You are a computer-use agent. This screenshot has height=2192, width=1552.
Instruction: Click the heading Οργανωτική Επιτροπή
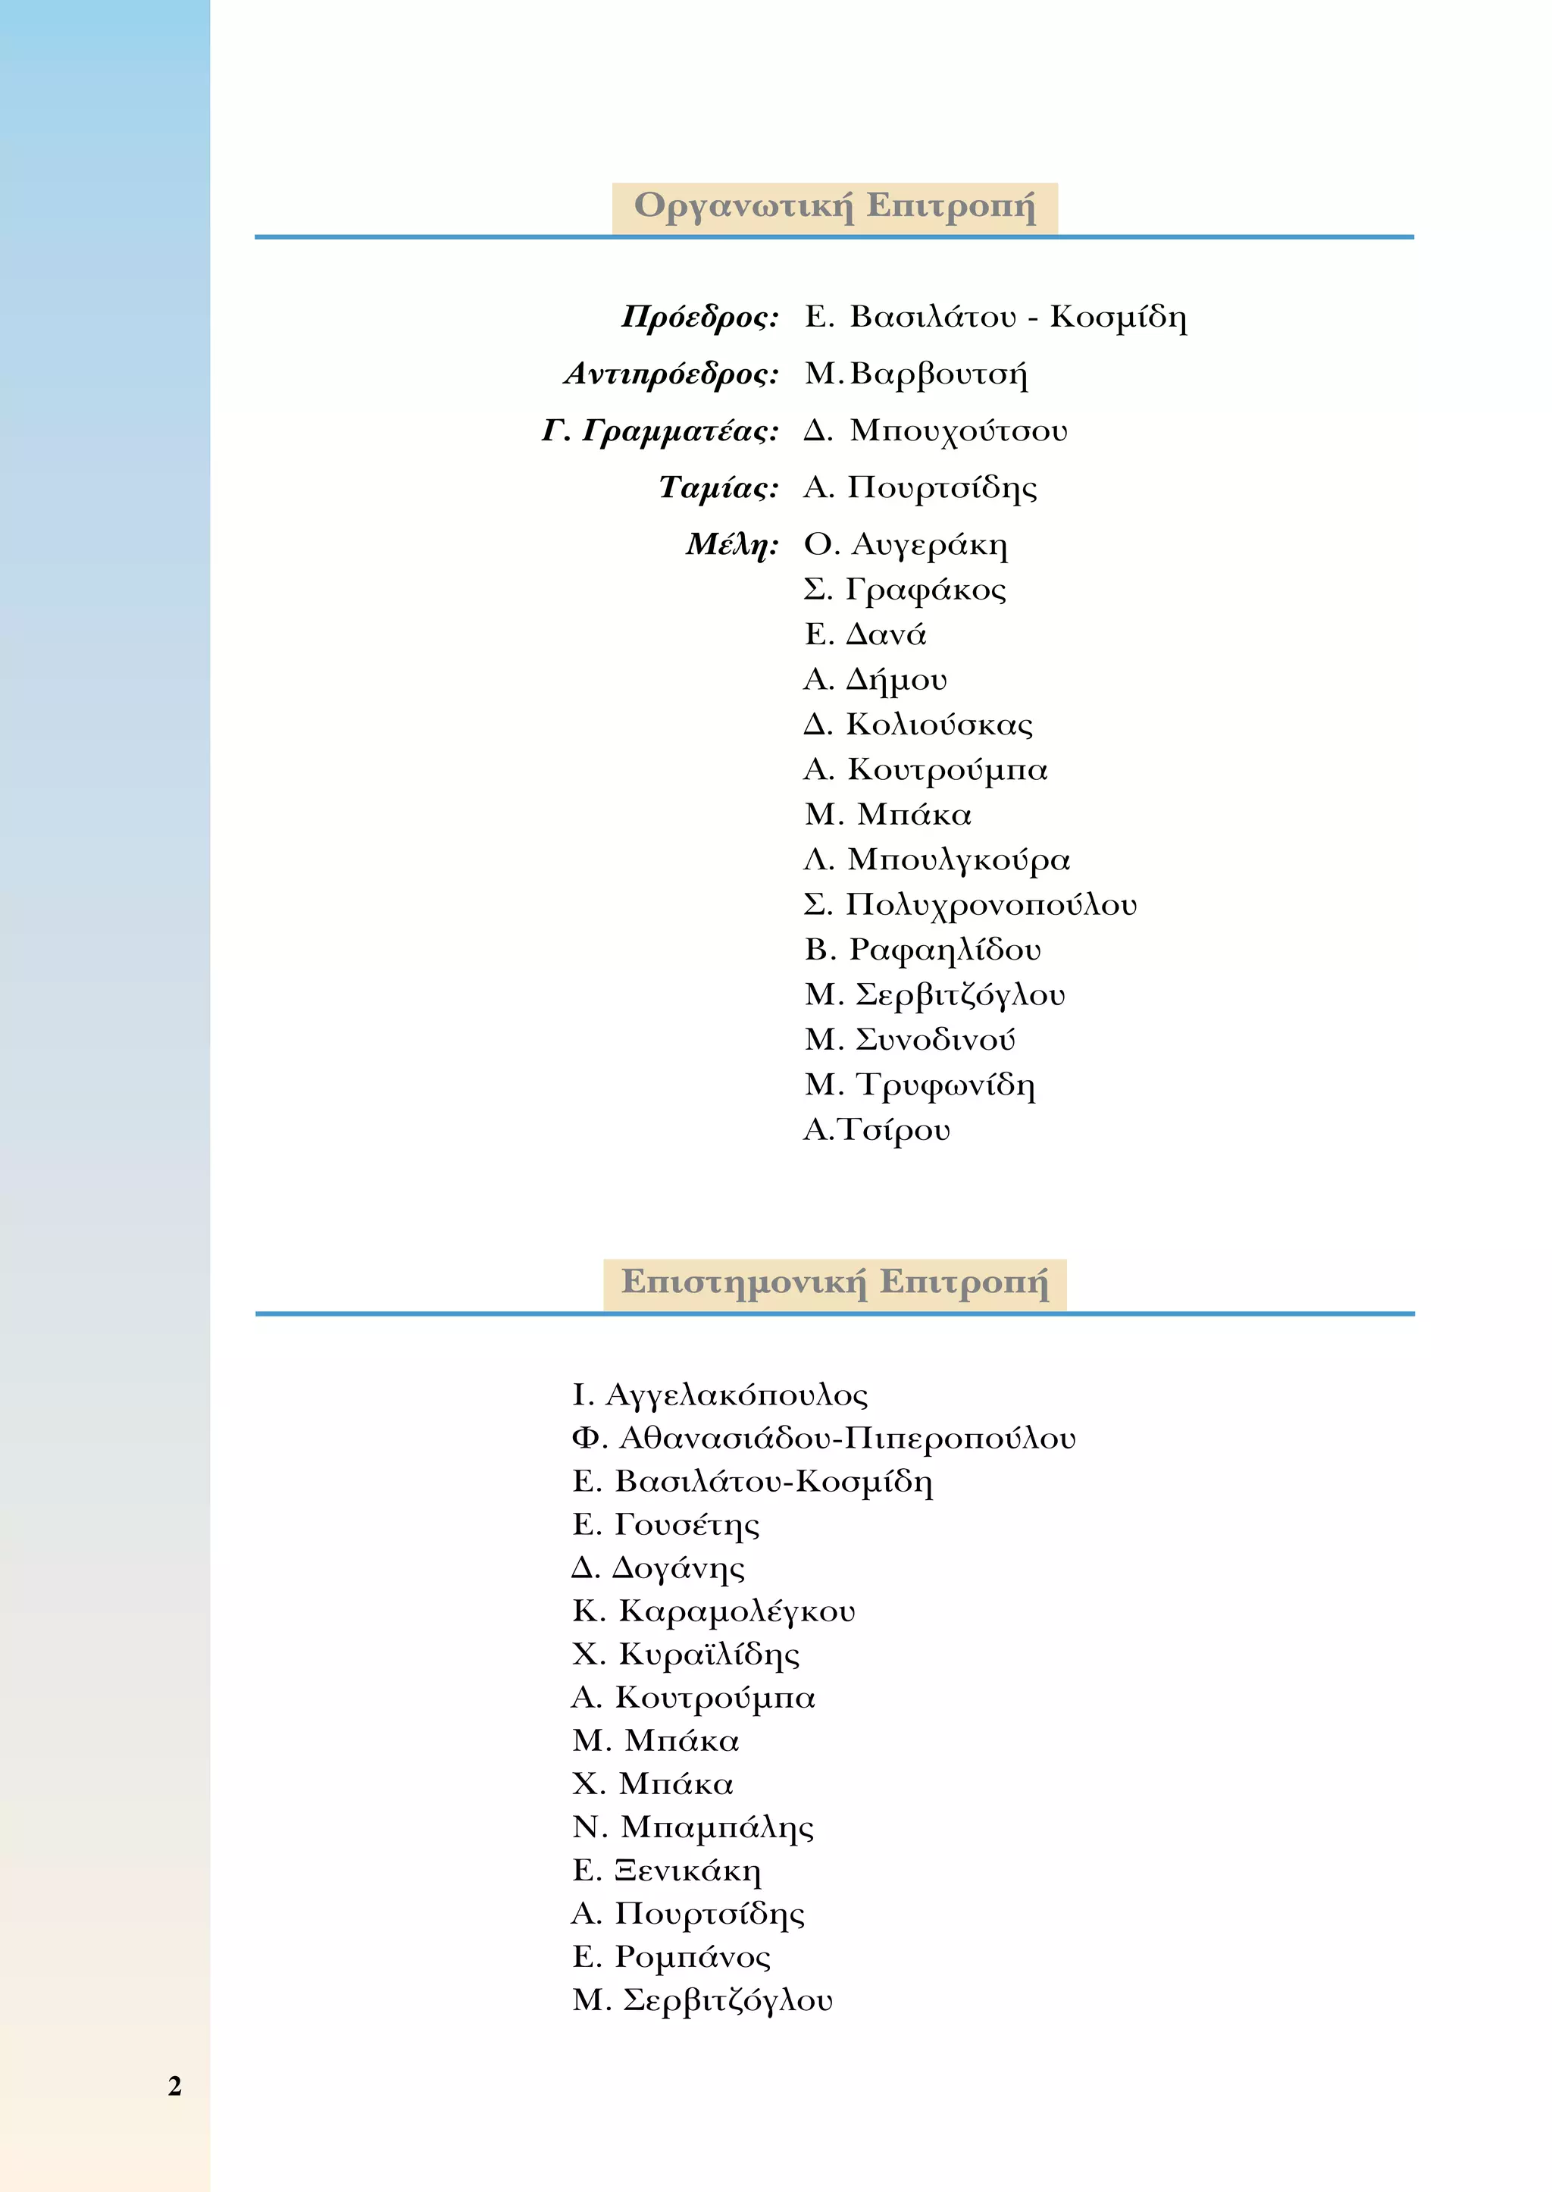tap(834, 206)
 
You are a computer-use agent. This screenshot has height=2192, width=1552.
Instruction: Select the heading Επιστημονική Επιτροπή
tap(834, 1282)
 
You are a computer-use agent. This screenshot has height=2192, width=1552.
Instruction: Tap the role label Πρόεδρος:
tap(699, 316)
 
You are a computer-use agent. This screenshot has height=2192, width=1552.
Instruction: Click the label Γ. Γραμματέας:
tap(659, 431)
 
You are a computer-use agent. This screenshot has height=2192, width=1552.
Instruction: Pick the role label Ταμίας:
tap(718, 487)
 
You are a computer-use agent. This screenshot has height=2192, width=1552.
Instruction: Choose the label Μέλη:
tap(731, 544)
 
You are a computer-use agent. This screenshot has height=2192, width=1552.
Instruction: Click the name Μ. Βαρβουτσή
tap(915, 374)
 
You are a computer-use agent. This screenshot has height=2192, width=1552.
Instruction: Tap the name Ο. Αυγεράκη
tap(905, 544)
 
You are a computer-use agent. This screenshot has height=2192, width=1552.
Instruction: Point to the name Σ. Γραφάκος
tap(904, 590)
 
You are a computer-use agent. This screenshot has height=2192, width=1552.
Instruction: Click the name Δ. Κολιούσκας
tap(918, 725)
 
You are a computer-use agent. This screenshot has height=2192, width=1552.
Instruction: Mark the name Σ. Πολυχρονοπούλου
tap(970, 904)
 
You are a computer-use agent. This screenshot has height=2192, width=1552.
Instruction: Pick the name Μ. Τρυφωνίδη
tap(919, 1085)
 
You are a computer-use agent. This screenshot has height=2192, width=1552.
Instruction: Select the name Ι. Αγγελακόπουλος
tap(720, 1395)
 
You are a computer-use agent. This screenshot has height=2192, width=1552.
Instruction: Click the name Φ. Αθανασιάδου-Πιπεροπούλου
tap(823, 1439)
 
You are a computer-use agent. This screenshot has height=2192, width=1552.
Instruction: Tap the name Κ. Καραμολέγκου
tap(713, 1611)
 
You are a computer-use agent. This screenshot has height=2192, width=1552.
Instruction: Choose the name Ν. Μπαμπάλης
tap(693, 1827)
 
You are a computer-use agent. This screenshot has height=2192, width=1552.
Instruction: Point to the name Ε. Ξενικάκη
tap(666, 1870)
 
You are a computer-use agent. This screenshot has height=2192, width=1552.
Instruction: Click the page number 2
tap(174, 2085)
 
